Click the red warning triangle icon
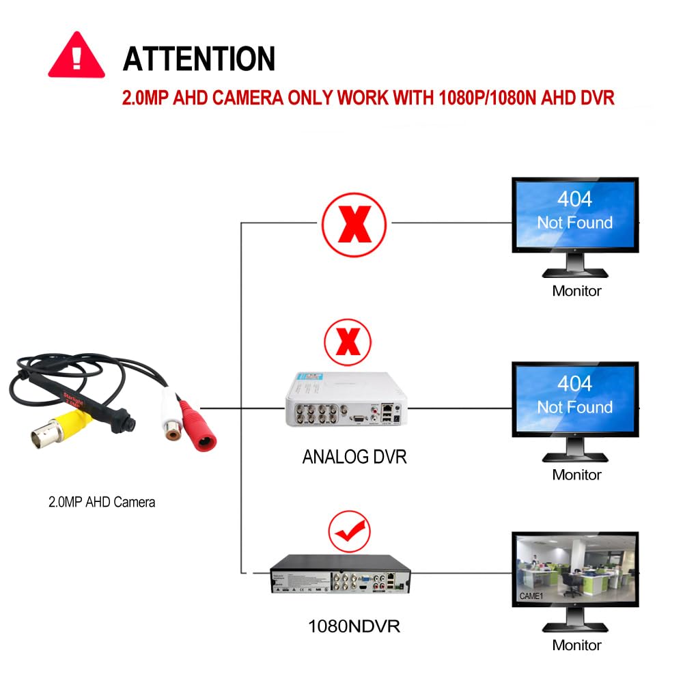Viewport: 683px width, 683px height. coord(76,55)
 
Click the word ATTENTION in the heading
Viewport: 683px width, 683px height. coord(199,59)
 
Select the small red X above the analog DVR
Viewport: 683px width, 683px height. coord(348,342)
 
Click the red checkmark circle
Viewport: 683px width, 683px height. coord(349,527)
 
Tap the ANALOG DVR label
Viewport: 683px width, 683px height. coord(354,457)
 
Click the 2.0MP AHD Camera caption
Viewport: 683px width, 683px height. coord(102,503)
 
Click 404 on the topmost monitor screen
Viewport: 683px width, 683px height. coord(574,199)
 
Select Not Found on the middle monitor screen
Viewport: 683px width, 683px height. coord(574,407)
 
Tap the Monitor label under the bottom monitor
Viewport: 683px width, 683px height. coord(576,645)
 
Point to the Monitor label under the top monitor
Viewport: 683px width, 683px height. coord(576,291)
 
